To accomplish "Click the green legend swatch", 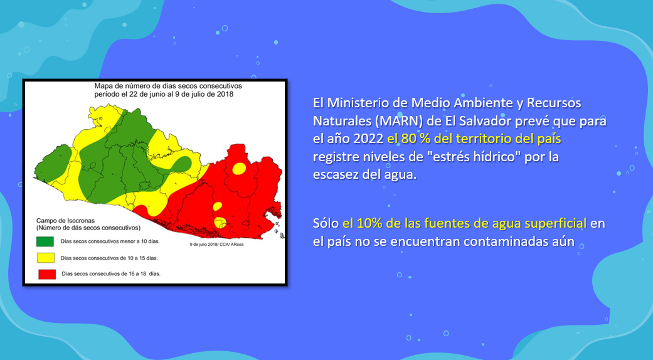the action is pyautogui.click(x=45, y=241).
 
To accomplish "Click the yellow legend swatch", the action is pyautogui.click(x=45, y=258).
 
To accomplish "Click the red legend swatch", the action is pyautogui.click(x=47, y=274).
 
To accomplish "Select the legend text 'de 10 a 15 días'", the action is pyautogui.click(x=140, y=258).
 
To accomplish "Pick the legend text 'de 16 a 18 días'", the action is pyautogui.click(x=142, y=274).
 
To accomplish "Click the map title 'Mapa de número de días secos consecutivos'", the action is pyautogui.click(x=168, y=86).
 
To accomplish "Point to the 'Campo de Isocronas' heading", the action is pyautogui.click(x=65, y=221).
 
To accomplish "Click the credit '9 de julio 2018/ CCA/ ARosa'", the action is pyautogui.click(x=216, y=245).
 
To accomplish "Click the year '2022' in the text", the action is pyautogui.click(x=368, y=139).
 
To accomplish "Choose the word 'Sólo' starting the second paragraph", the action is pyautogui.click(x=326, y=223).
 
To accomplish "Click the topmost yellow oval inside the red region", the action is pyautogui.click(x=239, y=169).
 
